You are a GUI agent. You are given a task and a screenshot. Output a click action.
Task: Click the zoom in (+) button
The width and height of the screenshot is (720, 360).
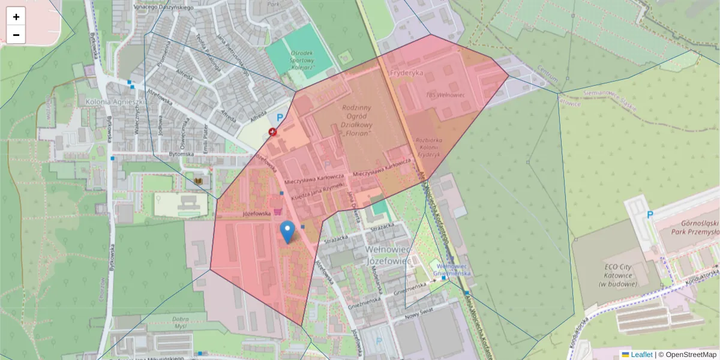(16, 17)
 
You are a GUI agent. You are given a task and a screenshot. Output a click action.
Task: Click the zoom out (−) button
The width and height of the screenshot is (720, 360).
(16, 35)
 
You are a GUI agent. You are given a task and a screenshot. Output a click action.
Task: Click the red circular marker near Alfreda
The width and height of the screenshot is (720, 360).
(274, 132)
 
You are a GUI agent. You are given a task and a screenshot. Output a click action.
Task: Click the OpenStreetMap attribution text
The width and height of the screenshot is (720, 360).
(691, 355)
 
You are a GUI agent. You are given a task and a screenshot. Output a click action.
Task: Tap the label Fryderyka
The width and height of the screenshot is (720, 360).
(406, 73)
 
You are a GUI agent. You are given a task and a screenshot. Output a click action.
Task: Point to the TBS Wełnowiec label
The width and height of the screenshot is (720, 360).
(445, 95)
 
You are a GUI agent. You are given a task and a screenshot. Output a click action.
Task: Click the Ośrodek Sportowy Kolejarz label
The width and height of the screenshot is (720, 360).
(302, 60)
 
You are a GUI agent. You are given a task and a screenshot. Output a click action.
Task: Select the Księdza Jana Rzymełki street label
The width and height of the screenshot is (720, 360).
(316, 190)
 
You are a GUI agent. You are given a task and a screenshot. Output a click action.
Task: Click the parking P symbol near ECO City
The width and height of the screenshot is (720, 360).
(650, 215)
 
